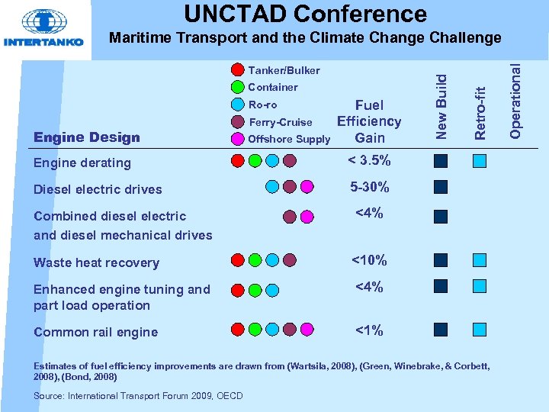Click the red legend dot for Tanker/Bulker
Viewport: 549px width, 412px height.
(x=238, y=70)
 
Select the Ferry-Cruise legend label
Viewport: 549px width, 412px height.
(x=280, y=122)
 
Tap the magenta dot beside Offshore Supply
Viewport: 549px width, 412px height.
(x=238, y=139)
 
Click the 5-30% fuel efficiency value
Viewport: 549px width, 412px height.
(x=369, y=187)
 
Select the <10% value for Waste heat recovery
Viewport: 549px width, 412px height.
(x=369, y=261)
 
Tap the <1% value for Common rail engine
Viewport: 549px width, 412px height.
(x=369, y=330)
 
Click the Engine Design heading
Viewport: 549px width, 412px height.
(x=87, y=138)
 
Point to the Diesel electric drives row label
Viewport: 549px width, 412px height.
(x=98, y=189)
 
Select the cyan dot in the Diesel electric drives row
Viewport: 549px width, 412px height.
(x=272, y=187)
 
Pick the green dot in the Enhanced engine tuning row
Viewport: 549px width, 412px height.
(x=255, y=289)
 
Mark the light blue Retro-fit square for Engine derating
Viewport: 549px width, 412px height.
(x=479, y=161)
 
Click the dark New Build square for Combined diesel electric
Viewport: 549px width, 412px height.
(x=441, y=216)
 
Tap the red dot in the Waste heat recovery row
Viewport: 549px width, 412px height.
(x=238, y=261)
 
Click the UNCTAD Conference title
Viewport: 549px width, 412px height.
(x=305, y=13)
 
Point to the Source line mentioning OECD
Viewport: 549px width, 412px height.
(x=138, y=395)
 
